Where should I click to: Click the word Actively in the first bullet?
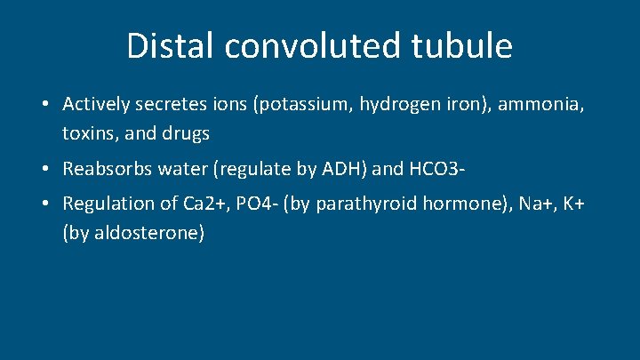[96, 105]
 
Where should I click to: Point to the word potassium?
[303, 105]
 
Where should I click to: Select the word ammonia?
[542, 105]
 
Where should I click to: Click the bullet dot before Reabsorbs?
[44, 169]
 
